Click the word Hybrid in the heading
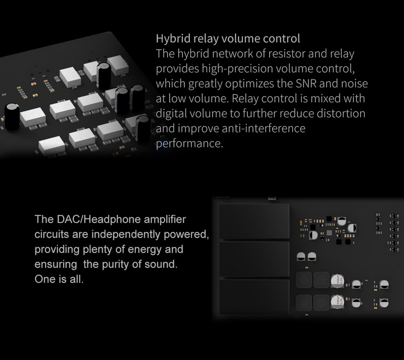[x=171, y=38]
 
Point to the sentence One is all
[x=58, y=279]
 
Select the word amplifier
[x=163, y=220]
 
